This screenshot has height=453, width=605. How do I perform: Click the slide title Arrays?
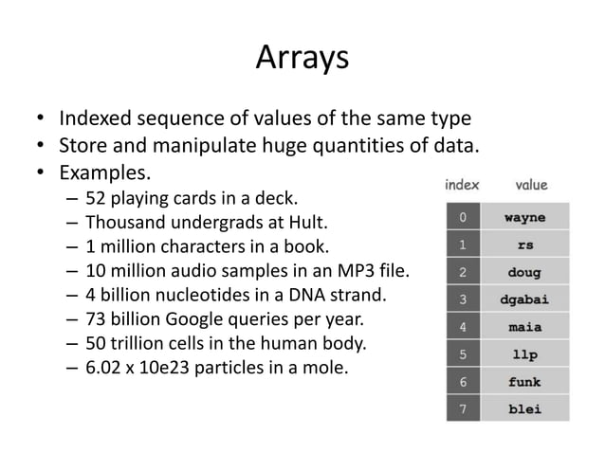click(302, 58)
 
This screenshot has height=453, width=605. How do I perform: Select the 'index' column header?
click(462, 185)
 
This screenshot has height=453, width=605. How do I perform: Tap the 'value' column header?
click(531, 185)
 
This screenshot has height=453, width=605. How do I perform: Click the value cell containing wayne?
click(524, 217)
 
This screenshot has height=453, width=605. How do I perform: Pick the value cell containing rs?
click(524, 245)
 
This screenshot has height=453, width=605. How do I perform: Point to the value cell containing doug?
click(524, 272)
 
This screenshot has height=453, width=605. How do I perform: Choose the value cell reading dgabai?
click(524, 299)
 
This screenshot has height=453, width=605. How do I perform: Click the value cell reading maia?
click(524, 327)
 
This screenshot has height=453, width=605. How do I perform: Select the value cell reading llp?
click(524, 354)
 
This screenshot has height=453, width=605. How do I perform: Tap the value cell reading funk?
click(524, 382)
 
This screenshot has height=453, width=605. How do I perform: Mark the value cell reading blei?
click(524, 409)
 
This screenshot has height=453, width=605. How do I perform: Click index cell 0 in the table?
click(462, 217)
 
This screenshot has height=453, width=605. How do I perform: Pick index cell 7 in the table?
click(462, 409)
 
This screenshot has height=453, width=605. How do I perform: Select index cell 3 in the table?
click(462, 299)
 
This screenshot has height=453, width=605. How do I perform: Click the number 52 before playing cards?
click(96, 200)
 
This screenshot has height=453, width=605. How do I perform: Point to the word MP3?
click(356, 273)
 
